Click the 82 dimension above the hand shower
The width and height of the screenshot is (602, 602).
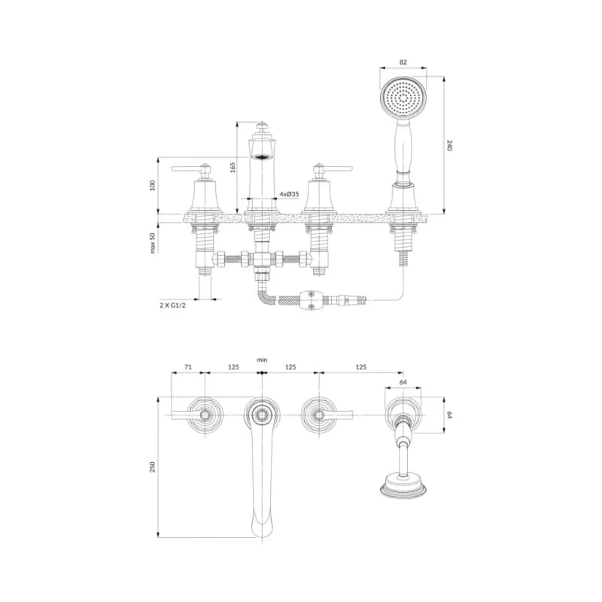coord(403,62)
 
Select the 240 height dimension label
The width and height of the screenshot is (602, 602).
coord(450,145)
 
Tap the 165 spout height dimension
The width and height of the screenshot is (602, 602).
coord(233,167)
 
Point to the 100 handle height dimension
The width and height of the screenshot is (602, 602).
coord(153,185)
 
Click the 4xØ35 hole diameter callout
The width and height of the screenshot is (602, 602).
coord(289,194)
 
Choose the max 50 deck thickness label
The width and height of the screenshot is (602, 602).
coord(153,242)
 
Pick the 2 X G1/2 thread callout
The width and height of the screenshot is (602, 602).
coord(172,306)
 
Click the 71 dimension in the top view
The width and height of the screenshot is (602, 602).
coord(187,367)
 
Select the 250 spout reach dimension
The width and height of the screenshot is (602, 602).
coord(153,467)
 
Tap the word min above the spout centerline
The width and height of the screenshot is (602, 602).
coord(262,360)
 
